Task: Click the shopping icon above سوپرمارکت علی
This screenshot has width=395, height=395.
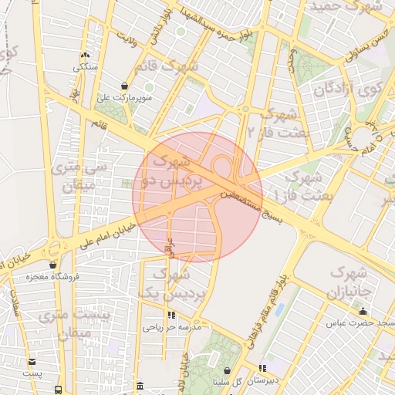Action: [124, 86]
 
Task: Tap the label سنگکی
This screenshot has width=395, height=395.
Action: [86, 66]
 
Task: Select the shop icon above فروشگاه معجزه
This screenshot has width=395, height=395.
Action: [52, 265]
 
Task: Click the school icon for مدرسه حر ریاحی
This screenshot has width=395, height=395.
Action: [171, 315]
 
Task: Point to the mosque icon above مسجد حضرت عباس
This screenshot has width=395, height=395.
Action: [363, 311]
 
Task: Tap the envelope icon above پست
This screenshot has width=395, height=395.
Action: [32, 361]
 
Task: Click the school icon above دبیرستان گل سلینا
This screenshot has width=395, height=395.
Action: [263, 368]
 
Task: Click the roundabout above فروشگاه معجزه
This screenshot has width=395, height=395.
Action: [54, 249]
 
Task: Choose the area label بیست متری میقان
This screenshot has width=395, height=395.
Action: [74, 324]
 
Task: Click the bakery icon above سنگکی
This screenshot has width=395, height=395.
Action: [85, 55]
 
